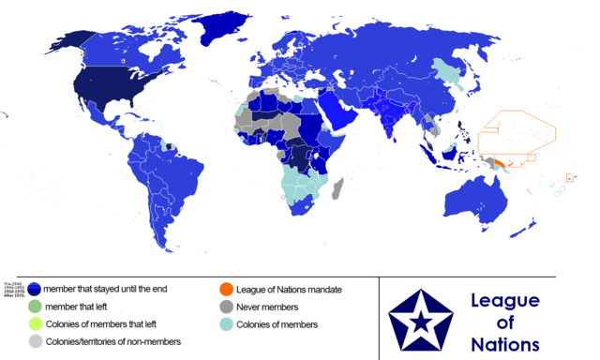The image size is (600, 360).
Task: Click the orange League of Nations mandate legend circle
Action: point(226,290)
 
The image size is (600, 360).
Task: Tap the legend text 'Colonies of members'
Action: point(278,324)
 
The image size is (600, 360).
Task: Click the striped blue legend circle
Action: point(34,290)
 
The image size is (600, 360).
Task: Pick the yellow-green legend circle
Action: point(34,324)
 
